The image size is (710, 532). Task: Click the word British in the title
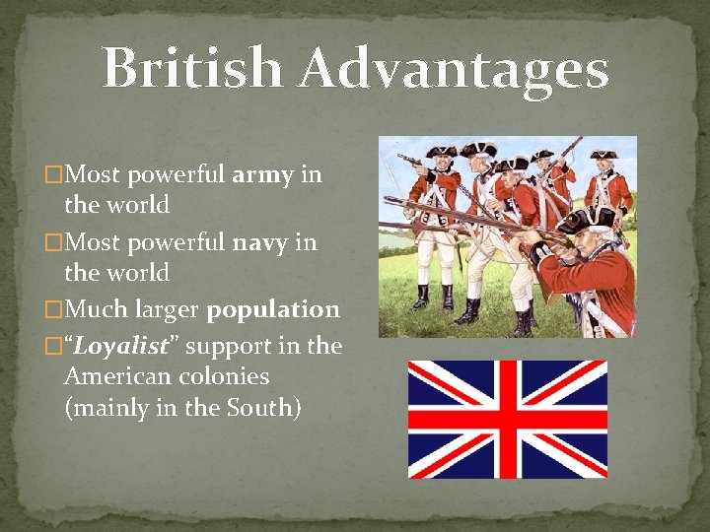tap(192, 70)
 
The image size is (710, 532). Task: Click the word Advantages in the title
tap(454, 70)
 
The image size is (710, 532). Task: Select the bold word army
tap(261, 175)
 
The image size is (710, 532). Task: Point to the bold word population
tap(273, 309)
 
